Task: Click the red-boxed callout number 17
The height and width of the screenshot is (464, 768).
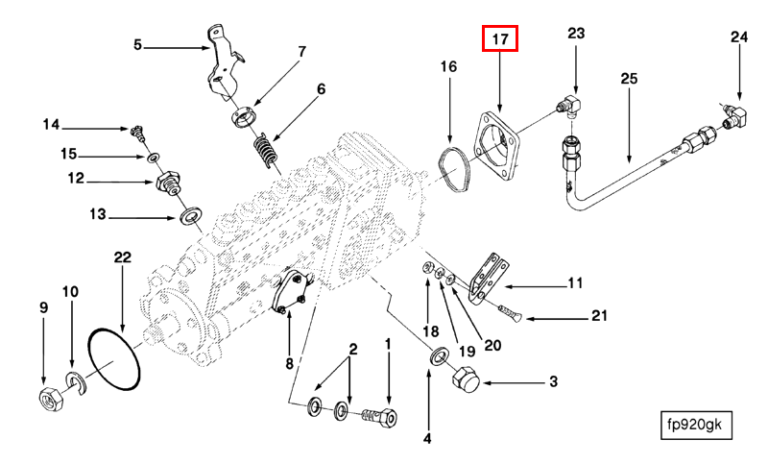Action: click(x=499, y=38)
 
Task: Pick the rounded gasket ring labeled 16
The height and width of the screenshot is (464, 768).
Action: click(x=454, y=169)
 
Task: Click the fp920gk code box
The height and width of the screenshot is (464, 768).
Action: click(x=696, y=425)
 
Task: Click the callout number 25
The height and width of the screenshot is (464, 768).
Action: click(x=629, y=79)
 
